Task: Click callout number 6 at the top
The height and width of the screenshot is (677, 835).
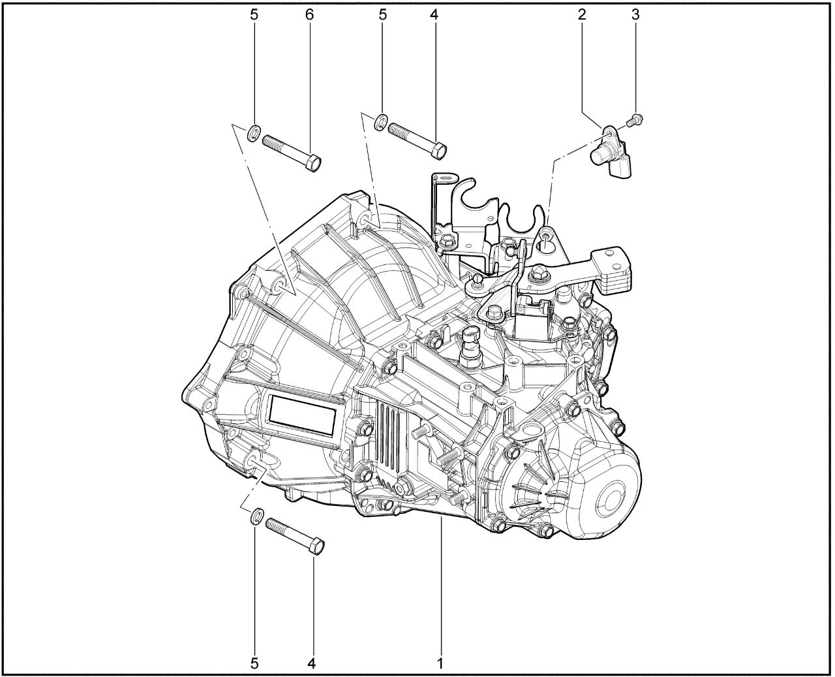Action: tap(310, 15)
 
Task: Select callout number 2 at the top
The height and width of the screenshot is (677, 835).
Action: tap(582, 15)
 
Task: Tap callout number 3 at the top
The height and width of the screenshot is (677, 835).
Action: tap(635, 15)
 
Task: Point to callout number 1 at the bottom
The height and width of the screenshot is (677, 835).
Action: tap(440, 663)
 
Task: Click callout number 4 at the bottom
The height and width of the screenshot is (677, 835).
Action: tap(312, 663)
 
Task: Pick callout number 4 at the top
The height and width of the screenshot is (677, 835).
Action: tap(434, 15)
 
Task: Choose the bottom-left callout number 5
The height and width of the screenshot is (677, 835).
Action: tap(255, 663)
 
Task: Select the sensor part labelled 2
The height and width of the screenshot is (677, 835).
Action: tap(611, 152)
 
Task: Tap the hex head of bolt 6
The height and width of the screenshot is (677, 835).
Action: tap(314, 164)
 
